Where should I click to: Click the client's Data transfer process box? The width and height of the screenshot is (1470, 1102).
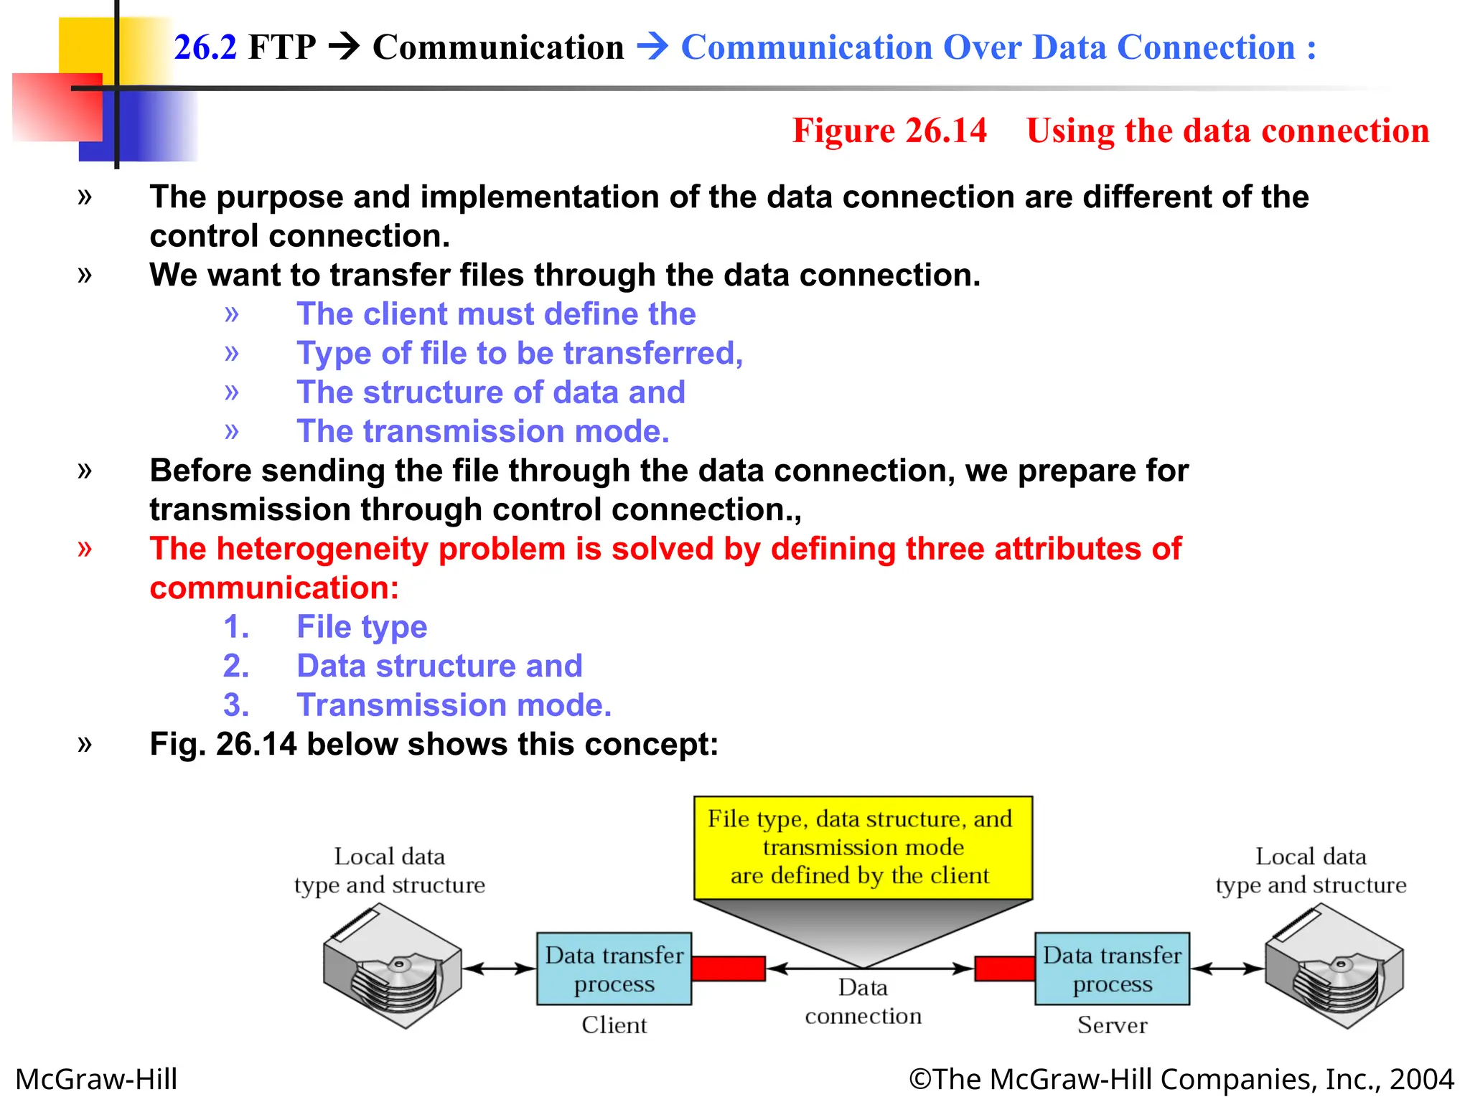click(x=614, y=969)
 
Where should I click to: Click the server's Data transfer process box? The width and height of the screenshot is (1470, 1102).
click(x=1112, y=969)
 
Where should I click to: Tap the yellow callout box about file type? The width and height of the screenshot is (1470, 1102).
click(x=863, y=847)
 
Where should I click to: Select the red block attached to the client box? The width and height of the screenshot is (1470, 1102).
click(x=728, y=969)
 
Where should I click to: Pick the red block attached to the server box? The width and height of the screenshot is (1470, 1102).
click(x=1004, y=969)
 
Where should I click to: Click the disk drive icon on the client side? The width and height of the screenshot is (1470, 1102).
click(x=392, y=966)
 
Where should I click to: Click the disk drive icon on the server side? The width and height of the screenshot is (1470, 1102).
click(x=1334, y=966)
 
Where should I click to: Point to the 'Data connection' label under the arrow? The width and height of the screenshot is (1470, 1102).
click(x=863, y=1002)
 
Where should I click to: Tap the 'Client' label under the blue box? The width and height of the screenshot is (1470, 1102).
click(x=614, y=1025)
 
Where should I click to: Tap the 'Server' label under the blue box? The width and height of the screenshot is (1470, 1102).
click(x=1112, y=1025)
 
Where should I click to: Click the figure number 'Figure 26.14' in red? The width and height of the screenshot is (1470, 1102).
click(x=889, y=131)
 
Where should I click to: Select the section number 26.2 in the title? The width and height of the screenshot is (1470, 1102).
click(x=205, y=47)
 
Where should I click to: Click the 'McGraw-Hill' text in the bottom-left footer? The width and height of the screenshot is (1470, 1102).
click(x=96, y=1079)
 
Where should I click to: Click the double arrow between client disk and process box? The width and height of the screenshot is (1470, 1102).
click(x=499, y=969)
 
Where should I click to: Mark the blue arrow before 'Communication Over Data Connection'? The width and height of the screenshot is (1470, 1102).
click(x=652, y=47)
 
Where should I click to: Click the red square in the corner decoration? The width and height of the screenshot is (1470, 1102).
click(x=57, y=108)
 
